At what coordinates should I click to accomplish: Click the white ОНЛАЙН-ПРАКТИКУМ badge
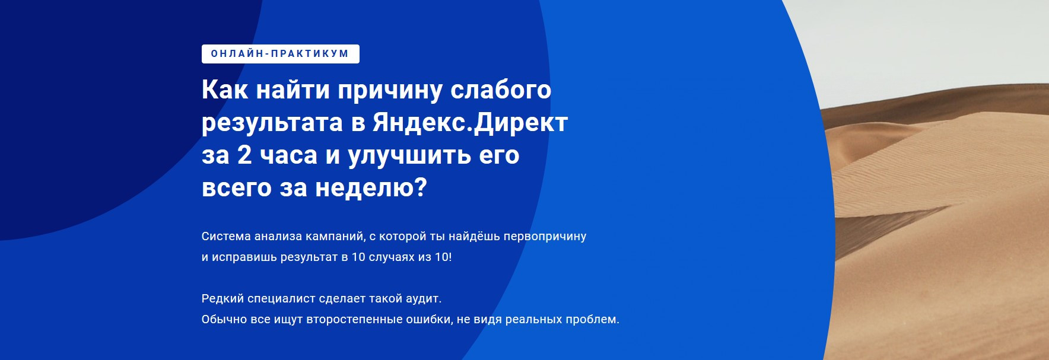[281, 54]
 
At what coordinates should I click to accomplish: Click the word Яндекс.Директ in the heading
[470, 122]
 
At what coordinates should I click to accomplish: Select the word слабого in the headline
[501, 90]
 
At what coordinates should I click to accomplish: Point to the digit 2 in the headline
[244, 155]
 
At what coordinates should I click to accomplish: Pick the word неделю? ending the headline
[371, 189]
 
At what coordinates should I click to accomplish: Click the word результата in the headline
[272, 123]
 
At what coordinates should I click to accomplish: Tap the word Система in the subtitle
[226, 236]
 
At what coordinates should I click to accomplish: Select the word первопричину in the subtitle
[545, 237]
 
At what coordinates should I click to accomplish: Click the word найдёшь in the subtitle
[474, 236]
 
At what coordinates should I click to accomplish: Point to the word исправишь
[244, 257]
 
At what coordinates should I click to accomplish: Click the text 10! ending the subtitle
[443, 257]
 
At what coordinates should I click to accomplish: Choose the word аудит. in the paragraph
[423, 299]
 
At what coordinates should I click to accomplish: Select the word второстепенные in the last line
[354, 320]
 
